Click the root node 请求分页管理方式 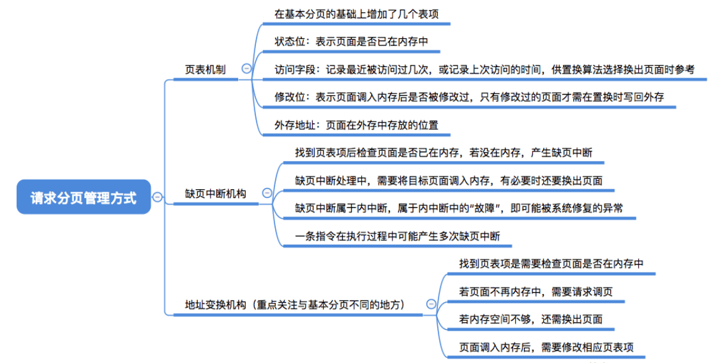(x=84, y=197)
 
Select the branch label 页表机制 (x=205, y=70)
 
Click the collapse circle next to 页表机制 (x=246, y=69)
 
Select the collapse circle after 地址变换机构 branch (x=431, y=305)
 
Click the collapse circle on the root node (x=158, y=197)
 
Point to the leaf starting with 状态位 (x=351, y=42)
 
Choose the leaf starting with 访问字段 (x=484, y=70)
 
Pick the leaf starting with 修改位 (x=469, y=97)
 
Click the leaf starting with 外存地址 (x=356, y=125)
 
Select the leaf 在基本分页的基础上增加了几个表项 (x=356, y=13)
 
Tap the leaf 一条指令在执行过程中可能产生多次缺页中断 (x=398, y=236)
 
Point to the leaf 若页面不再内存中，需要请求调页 (x=536, y=291)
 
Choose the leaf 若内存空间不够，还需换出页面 (x=530, y=319)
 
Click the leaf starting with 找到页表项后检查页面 (x=444, y=153)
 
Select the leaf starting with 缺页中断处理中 (x=449, y=180)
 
